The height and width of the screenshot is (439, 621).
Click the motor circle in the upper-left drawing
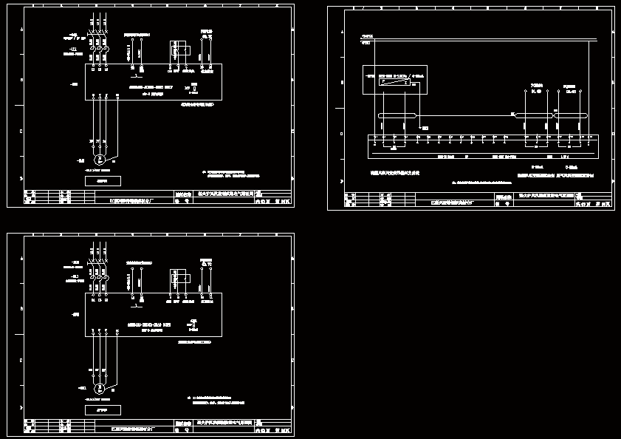click(x=102, y=158)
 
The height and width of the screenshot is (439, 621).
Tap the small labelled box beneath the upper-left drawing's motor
click(x=103, y=180)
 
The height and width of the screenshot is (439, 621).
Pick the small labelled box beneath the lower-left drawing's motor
click(x=103, y=409)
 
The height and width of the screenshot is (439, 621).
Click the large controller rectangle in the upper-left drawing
click(x=154, y=81)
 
